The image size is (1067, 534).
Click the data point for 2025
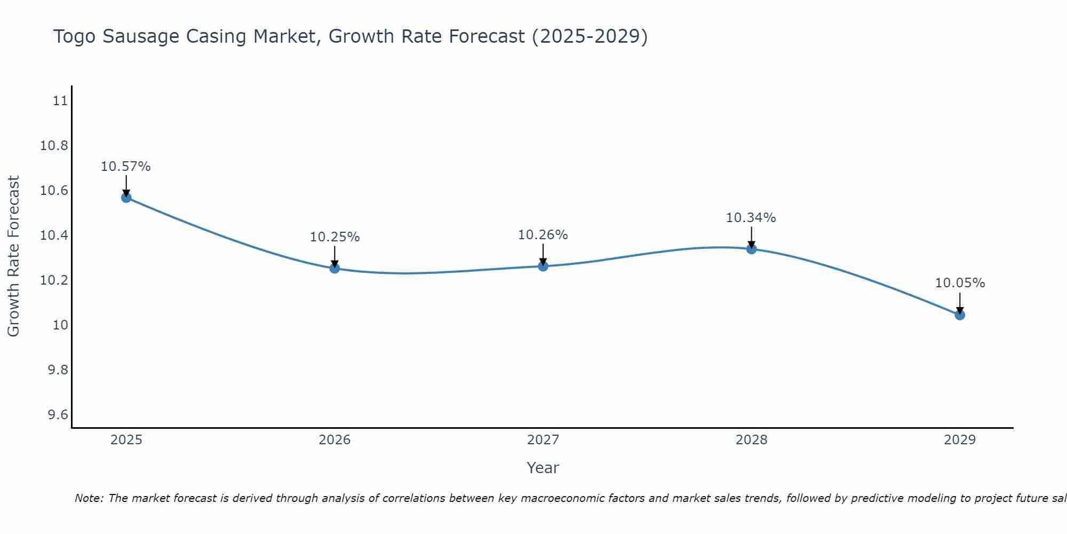tap(126, 198)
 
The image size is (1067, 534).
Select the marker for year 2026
tap(335, 268)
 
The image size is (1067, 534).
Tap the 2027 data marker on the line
tap(543, 266)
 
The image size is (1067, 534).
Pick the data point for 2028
tap(751, 249)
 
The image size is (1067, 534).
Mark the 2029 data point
tap(960, 315)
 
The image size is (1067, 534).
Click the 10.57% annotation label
tap(126, 167)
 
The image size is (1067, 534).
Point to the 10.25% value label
tap(335, 237)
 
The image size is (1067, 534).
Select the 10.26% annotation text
tap(543, 235)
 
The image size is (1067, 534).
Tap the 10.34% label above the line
tap(751, 218)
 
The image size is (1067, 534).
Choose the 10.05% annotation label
tap(960, 283)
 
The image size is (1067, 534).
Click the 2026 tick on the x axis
tap(335, 440)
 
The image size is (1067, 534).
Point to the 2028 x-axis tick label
tap(751, 440)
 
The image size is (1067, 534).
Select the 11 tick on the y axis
tap(60, 100)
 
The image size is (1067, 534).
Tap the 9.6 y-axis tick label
tap(58, 415)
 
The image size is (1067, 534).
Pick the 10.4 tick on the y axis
tap(54, 235)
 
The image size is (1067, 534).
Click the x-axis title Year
tap(543, 468)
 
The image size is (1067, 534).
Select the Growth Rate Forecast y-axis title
tap(13, 256)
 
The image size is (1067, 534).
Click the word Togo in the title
tap(74, 36)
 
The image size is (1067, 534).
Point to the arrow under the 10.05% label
tap(960, 303)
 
